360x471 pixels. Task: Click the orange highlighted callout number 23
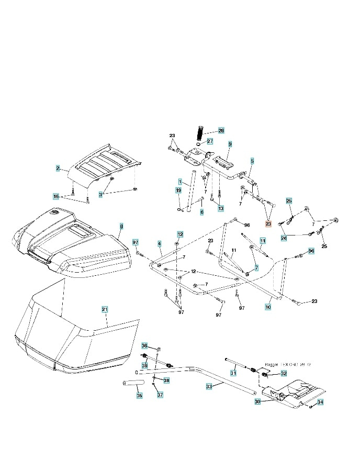pos(268,223)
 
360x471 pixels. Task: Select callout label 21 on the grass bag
pos(104,310)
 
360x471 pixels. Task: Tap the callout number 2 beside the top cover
pos(58,169)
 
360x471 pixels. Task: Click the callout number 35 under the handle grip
pos(139,396)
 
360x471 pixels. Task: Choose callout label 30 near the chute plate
pos(257,402)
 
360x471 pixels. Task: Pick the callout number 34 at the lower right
pos(321,402)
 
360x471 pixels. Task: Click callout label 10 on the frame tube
pos(268,308)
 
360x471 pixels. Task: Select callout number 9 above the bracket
pos(230,144)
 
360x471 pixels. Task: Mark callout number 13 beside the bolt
pos(220,208)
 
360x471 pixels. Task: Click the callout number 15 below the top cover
pos(56,196)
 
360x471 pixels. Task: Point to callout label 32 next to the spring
pos(284,373)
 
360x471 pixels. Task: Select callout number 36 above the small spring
pos(145,346)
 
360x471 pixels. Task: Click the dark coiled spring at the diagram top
pos(199,131)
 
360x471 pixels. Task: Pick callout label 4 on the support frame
pos(159,244)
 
